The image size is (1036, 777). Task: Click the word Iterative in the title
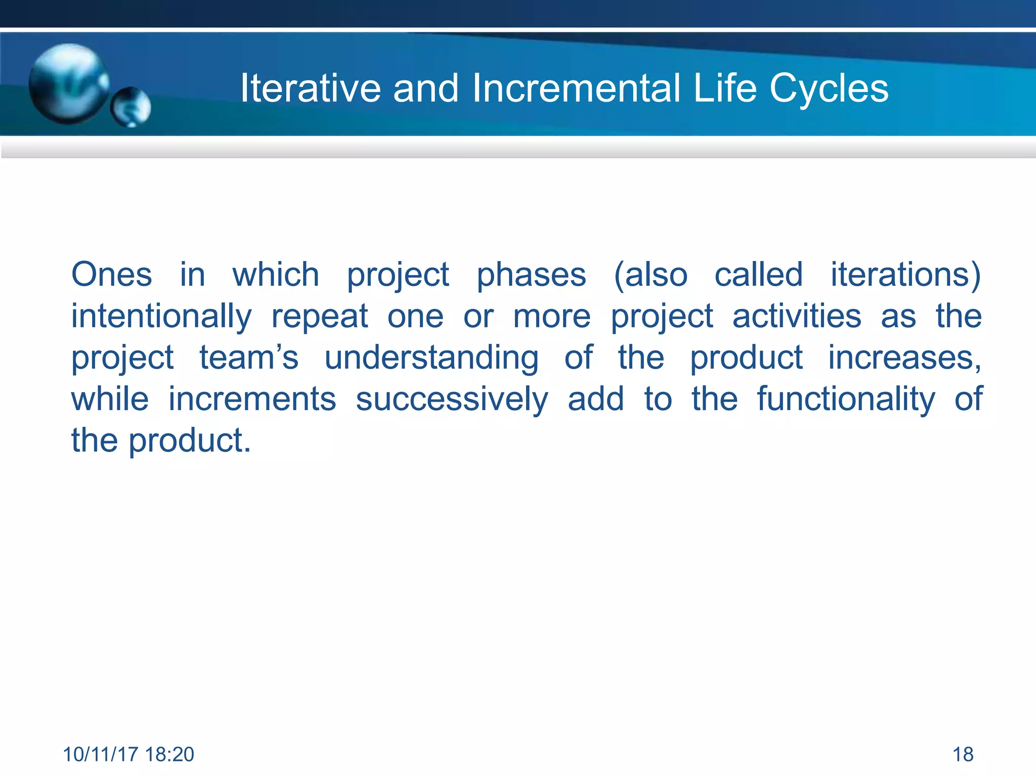point(310,89)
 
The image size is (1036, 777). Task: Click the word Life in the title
point(725,89)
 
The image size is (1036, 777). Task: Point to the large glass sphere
point(68,83)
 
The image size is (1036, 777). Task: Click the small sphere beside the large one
point(131,107)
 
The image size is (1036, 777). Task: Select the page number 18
point(963,754)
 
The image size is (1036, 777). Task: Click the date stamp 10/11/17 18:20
point(128,754)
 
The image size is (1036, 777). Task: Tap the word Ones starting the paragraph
point(111,275)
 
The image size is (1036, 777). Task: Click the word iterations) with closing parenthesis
point(905,275)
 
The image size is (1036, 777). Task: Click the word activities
point(797,316)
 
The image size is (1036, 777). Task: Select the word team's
point(248,358)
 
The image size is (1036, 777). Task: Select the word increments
point(252,399)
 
